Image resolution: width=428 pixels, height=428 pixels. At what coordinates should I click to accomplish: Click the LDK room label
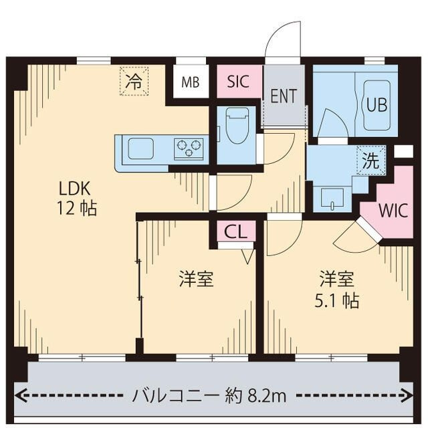(x=68, y=187)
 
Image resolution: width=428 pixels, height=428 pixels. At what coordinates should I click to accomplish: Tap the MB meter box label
(x=190, y=83)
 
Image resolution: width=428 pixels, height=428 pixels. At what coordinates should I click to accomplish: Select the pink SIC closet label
(x=238, y=82)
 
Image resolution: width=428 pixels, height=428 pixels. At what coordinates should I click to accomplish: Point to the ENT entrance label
(x=284, y=95)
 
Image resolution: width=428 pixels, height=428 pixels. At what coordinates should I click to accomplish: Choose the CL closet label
(x=235, y=232)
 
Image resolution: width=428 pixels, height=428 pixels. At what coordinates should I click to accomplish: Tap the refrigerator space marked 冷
(x=134, y=82)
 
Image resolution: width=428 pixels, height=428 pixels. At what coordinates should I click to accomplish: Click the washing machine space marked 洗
(x=370, y=160)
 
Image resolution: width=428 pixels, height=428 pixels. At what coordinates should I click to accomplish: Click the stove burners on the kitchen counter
(x=189, y=148)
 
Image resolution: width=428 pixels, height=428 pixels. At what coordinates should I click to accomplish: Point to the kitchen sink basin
(x=142, y=148)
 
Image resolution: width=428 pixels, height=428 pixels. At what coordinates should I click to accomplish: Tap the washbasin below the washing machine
(x=332, y=198)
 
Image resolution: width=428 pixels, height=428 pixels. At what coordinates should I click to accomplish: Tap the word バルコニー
(x=176, y=396)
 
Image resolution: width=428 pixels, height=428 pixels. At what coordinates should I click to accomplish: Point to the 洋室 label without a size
(x=196, y=279)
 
